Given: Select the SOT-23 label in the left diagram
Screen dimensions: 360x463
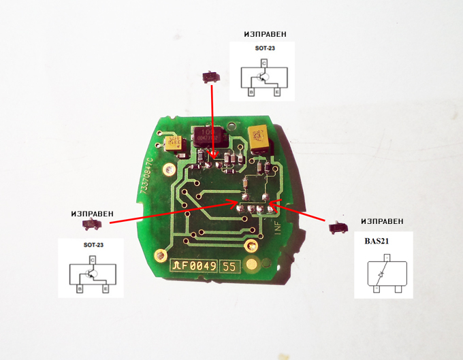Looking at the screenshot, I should (93, 245).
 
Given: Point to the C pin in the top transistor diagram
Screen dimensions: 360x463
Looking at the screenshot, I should (264, 63).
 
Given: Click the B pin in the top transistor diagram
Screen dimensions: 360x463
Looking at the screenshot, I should (251, 91).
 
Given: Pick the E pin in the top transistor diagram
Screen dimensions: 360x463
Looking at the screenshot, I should (276, 91).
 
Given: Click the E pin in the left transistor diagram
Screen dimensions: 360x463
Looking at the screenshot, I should (106, 289).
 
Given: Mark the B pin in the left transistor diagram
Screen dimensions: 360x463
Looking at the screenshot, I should (80, 289).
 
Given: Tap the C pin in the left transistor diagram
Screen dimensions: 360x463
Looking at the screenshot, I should (92, 259).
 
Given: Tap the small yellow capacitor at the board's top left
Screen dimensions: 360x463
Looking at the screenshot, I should (173, 144).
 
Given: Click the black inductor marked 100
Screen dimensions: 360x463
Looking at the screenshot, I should (206, 136).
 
